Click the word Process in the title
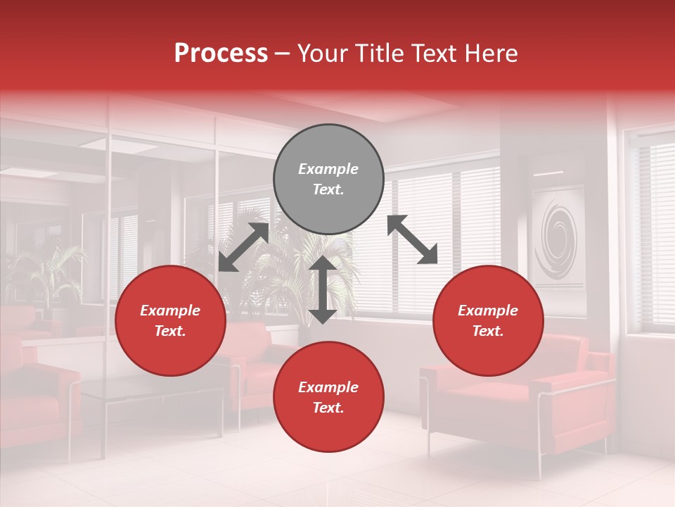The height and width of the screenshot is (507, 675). click(x=221, y=54)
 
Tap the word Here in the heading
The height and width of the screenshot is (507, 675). click(x=489, y=54)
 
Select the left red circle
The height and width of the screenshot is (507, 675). click(x=170, y=320)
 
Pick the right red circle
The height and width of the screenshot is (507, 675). click(x=488, y=320)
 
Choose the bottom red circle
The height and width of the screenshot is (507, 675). click(x=328, y=396)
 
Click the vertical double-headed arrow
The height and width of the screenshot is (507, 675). click(x=322, y=289)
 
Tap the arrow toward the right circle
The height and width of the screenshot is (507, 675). click(x=413, y=239)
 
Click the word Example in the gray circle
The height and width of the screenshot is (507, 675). click(x=328, y=169)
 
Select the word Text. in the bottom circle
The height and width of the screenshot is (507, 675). click(x=328, y=408)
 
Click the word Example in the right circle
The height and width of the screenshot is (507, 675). click(x=488, y=311)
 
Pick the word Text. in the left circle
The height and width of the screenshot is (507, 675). click(x=170, y=331)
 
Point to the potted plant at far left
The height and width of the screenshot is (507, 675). click(x=42, y=275)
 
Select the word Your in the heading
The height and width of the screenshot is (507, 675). click(x=323, y=54)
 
